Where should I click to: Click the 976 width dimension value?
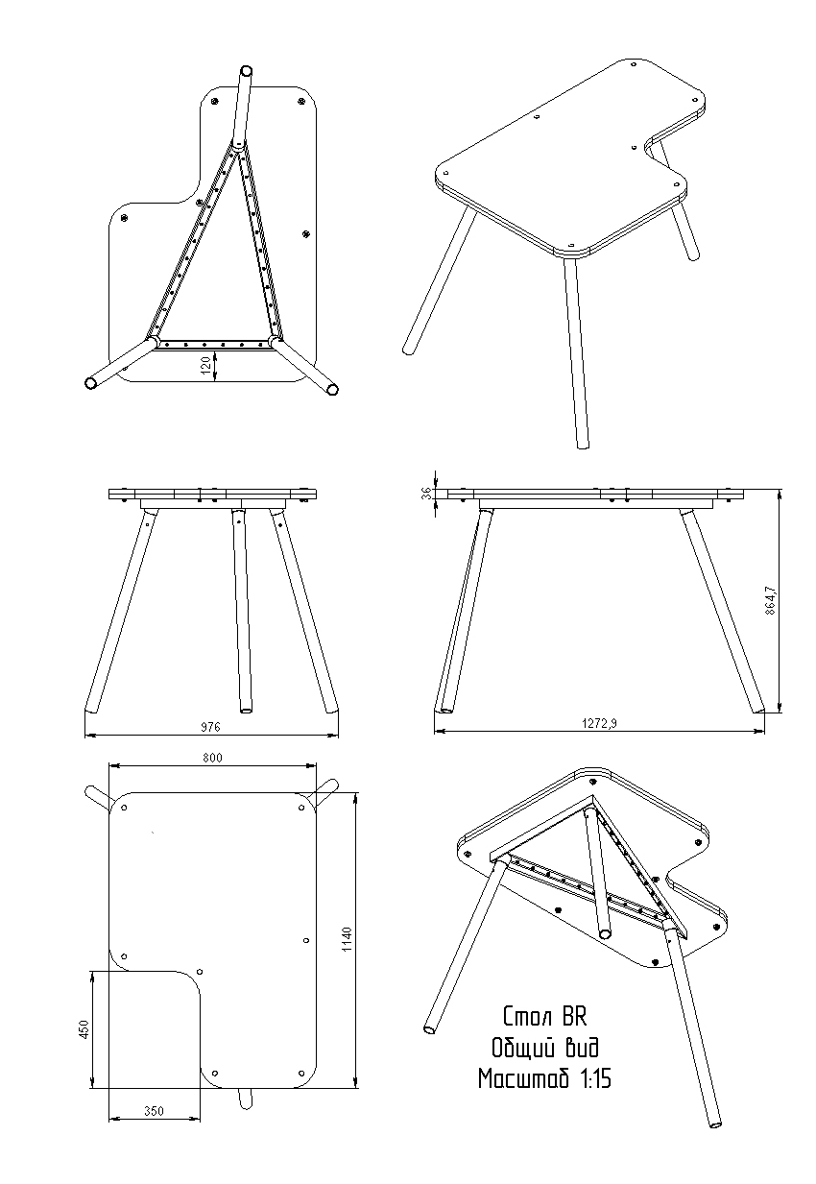tap(210, 727)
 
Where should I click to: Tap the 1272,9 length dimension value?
tap(599, 723)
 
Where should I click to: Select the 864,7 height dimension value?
tap(770, 600)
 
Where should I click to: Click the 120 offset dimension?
tap(206, 364)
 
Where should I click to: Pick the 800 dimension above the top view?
tap(212, 758)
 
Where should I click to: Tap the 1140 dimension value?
tap(347, 939)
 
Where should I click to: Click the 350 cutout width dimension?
tap(154, 1112)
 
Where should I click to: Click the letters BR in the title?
tap(573, 1016)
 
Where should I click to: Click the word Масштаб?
tap(524, 1078)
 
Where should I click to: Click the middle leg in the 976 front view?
tap(242, 611)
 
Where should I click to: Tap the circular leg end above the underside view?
tap(246, 71)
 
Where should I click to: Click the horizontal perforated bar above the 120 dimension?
tap(214, 344)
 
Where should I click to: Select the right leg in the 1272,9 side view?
tap(722, 611)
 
